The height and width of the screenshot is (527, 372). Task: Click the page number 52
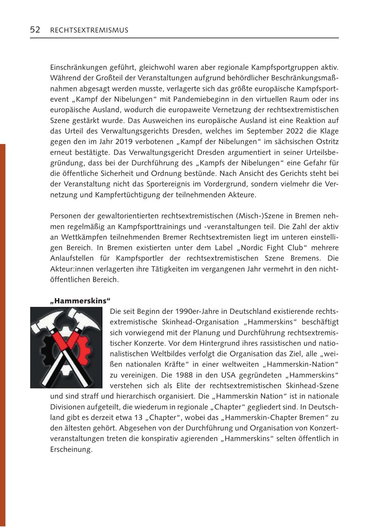click(x=35, y=30)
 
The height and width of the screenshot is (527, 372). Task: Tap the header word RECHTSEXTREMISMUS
click(x=89, y=30)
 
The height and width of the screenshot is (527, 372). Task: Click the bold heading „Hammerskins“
click(x=80, y=300)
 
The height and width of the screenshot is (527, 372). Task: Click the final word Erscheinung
click(x=71, y=449)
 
